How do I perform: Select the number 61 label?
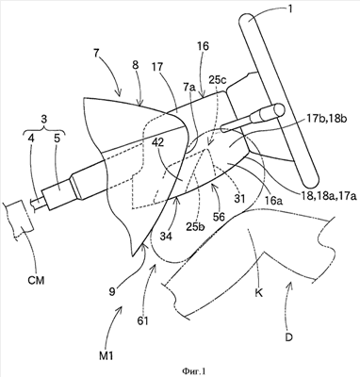click(x=143, y=321)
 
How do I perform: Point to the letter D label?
click(x=289, y=337)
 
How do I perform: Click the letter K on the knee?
click(x=259, y=294)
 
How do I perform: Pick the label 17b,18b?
click(x=327, y=120)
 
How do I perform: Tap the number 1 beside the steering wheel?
click(x=289, y=9)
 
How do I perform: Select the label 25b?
click(x=195, y=226)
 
